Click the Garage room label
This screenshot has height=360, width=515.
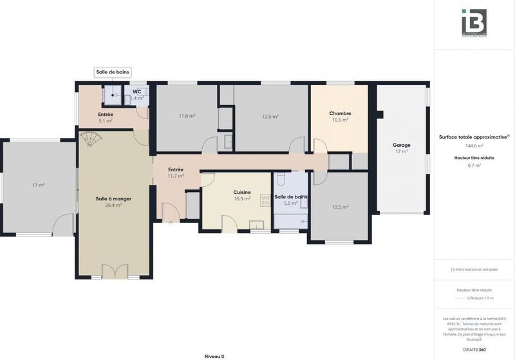(401, 145)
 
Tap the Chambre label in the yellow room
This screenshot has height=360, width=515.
(340, 113)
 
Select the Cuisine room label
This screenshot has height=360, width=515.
(242, 192)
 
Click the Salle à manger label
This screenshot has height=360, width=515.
(113, 199)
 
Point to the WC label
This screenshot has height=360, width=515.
(137, 91)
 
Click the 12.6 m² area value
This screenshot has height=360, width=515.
(270, 117)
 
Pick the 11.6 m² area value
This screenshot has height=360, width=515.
(187, 116)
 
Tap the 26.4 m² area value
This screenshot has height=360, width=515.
(113, 205)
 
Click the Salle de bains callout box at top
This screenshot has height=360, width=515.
(113, 72)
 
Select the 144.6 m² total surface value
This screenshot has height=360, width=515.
(474, 146)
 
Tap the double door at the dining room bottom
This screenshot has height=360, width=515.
(114, 271)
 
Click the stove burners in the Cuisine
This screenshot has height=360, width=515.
(265, 200)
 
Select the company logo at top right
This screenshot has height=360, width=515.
(474, 23)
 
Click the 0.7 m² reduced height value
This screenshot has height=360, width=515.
(474, 166)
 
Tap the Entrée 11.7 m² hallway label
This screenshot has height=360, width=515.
(176, 172)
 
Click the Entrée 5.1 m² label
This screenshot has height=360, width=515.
(106, 117)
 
